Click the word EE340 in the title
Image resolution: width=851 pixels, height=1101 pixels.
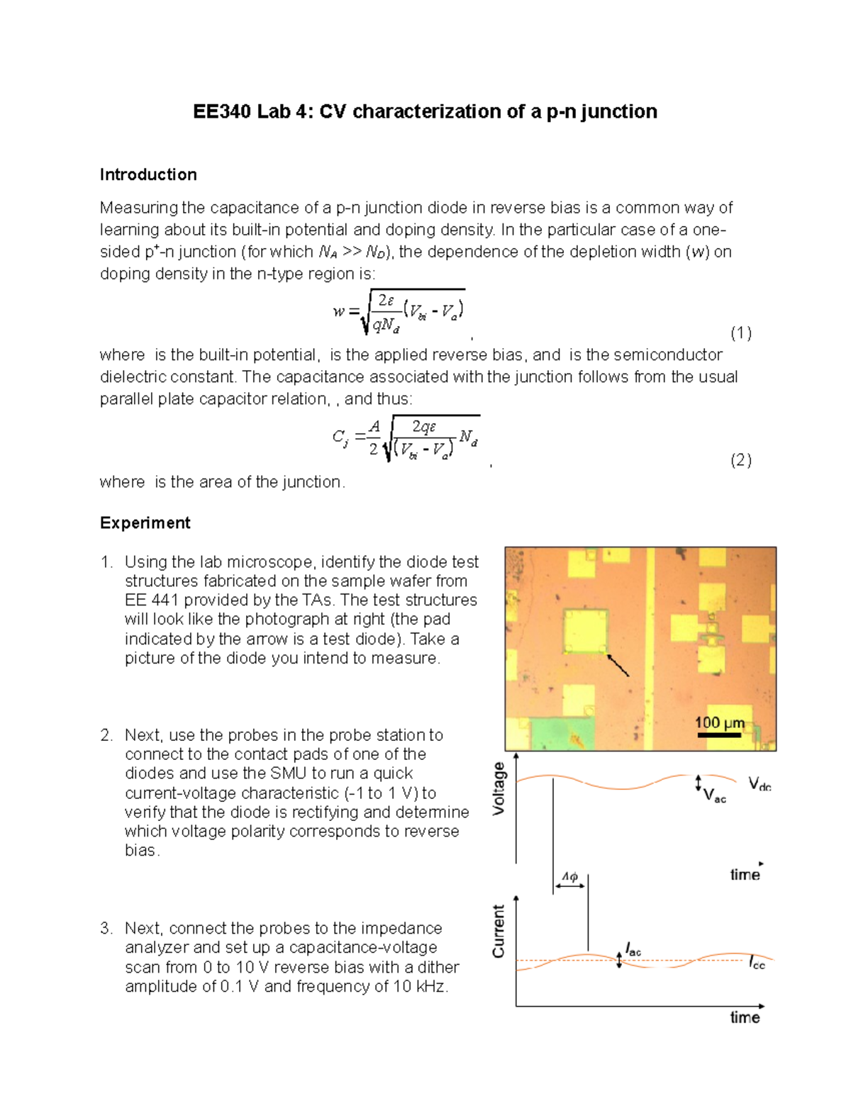point(221,112)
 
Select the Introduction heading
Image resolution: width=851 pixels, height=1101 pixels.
point(148,174)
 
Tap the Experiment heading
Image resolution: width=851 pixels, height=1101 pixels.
point(145,523)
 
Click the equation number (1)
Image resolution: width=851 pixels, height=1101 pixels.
point(741,333)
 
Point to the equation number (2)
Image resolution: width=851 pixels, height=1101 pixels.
point(741,460)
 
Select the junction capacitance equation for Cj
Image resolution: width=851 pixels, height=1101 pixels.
point(406,438)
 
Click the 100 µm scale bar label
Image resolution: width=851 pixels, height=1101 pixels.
point(719,722)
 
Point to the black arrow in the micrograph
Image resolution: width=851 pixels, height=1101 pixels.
point(618,666)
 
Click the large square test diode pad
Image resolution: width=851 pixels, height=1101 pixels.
point(585,630)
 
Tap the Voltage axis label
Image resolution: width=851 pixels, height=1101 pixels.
point(499,788)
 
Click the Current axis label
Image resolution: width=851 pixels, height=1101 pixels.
point(499,931)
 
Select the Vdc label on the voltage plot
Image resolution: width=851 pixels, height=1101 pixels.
point(760,784)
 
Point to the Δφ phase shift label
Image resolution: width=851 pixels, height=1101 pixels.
point(569,877)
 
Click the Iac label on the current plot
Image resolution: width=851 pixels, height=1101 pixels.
point(633,949)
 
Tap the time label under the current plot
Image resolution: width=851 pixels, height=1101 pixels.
point(745,1017)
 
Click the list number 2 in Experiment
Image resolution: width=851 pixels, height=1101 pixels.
point(106,735)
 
